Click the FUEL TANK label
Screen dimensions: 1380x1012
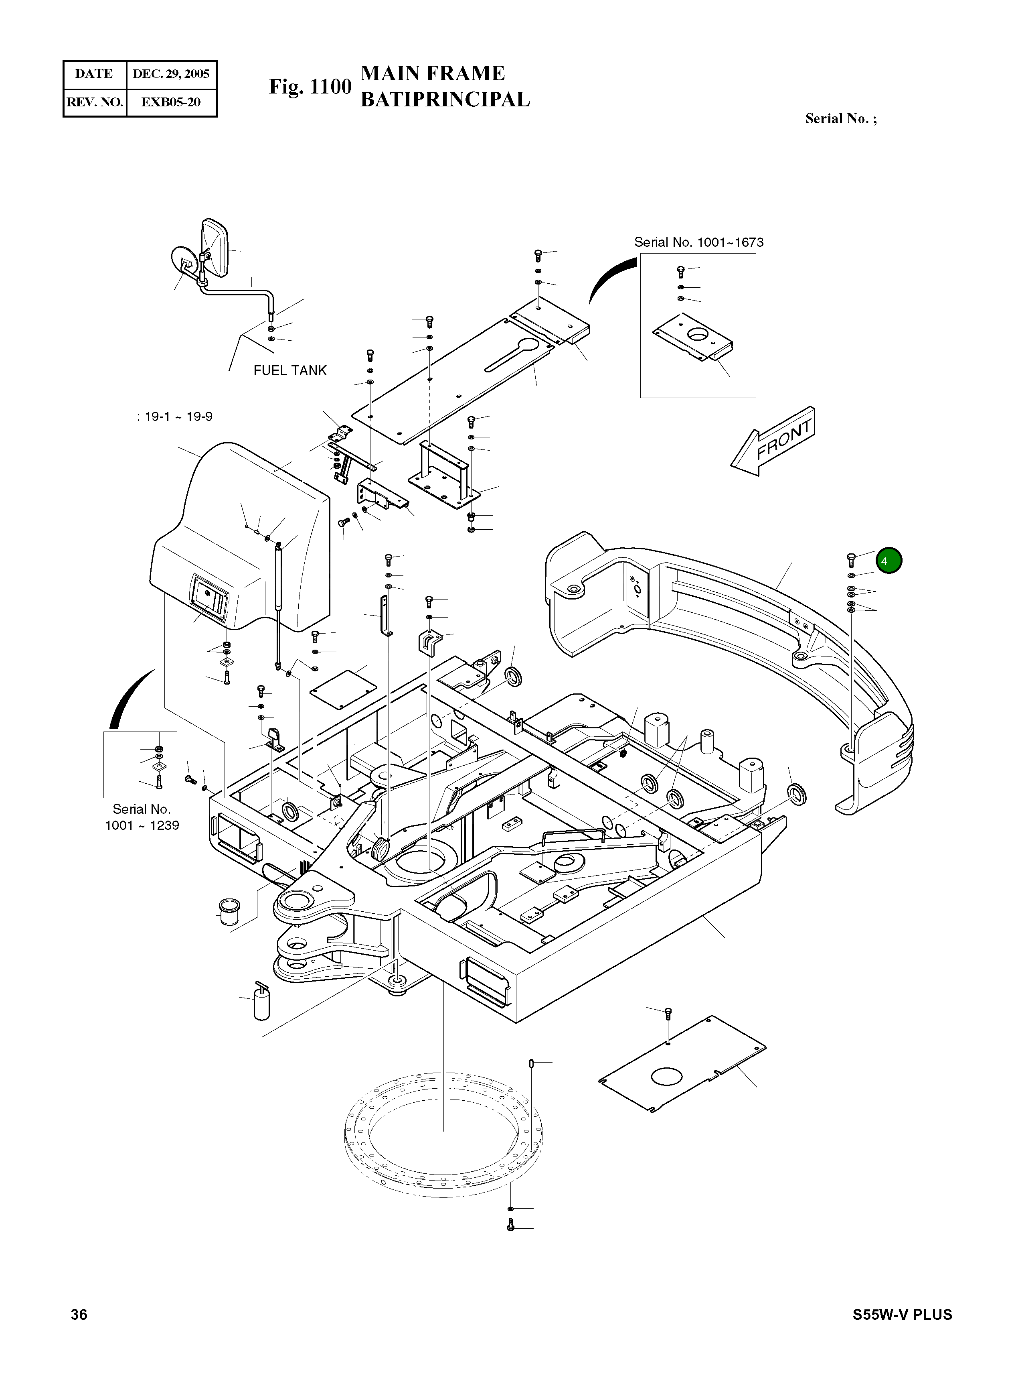tap(290, 370)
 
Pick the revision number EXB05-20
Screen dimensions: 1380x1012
tap(171, 102)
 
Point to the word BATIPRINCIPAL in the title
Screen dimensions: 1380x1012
tap(445, 99)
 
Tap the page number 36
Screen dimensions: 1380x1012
tap(79, 1315)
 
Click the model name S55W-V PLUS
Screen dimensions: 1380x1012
tap(903, 1315)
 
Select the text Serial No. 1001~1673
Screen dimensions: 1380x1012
tap(698, 242)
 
